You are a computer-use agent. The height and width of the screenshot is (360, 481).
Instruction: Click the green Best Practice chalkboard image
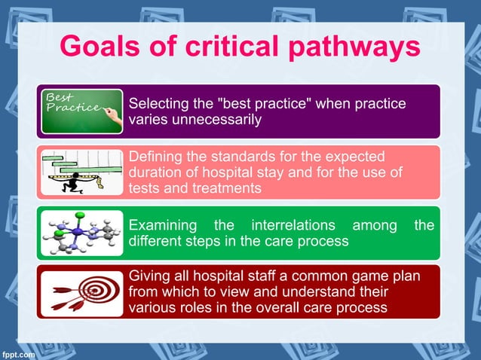[81, 111]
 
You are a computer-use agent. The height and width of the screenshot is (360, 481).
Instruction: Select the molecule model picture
[81, 233]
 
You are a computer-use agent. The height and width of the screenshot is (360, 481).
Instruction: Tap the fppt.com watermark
[17, 353]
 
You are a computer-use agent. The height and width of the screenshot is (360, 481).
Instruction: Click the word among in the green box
[375, 224]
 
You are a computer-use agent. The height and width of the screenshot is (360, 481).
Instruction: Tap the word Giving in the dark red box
[149, 276]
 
